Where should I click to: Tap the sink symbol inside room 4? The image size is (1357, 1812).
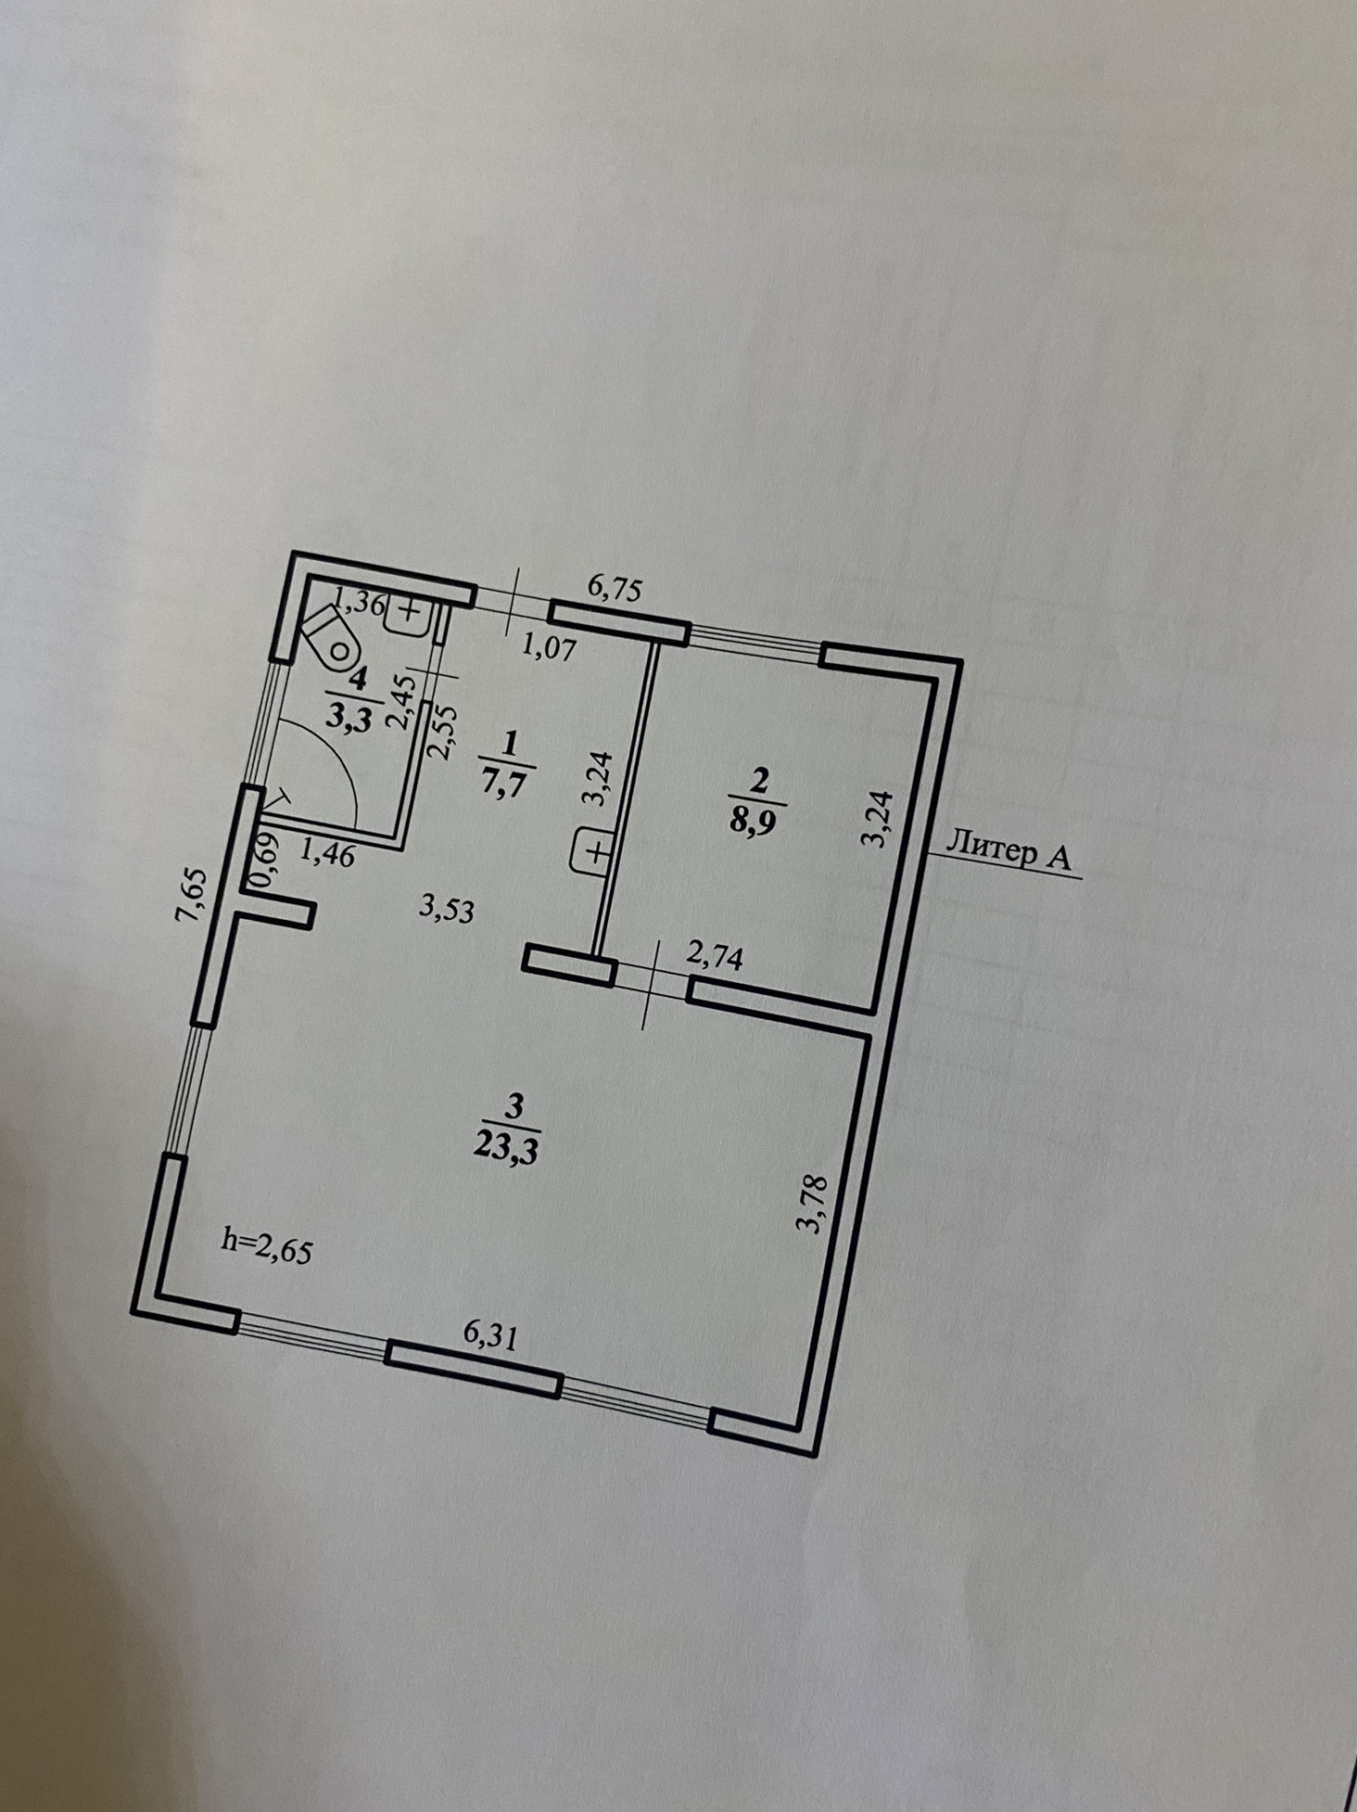coord(408,614)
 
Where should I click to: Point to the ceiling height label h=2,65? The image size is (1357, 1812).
coord(267,1245)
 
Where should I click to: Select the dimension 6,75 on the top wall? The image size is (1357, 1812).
coord(615,589)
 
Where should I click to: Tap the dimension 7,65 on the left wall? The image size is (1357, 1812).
coord(191,895)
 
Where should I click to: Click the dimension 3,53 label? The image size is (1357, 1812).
coord(446,909)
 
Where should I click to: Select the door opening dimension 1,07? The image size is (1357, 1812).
coord(549,645)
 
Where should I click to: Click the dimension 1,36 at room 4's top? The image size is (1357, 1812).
coord(358,604)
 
